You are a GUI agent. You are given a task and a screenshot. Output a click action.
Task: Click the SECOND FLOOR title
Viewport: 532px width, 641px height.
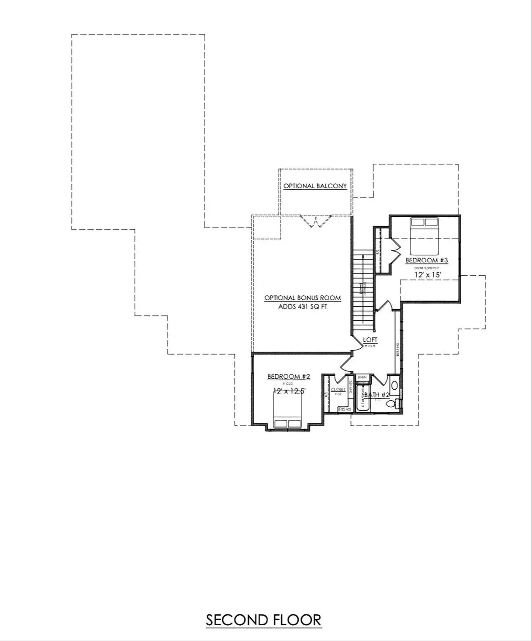click(x=263, y=620)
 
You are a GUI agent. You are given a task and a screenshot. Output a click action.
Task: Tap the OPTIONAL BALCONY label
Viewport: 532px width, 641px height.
click(x=315, y=186)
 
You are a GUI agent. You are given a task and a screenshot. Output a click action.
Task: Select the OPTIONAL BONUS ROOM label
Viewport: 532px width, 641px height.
click(x=302, y=298)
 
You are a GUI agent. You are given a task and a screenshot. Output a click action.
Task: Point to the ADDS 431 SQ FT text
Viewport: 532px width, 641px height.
click(x=303, y=307)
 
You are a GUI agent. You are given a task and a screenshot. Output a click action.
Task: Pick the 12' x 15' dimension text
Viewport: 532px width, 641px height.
click(x=428, y=275)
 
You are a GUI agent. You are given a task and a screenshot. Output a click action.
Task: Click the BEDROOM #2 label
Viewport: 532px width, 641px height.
click(x=289, y=377)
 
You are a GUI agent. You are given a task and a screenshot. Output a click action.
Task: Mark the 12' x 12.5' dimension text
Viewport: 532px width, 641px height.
click(x=289, y=391)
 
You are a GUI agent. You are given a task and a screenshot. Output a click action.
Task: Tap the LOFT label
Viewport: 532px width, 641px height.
click(x=370, y=340)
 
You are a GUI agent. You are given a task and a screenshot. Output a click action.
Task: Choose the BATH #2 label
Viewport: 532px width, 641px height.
click(x=376, y=395)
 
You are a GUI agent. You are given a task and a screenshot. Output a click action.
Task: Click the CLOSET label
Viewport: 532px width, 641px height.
click(x=338, y=389)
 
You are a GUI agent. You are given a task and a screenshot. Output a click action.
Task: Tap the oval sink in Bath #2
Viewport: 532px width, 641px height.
click(x=394, y=385)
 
